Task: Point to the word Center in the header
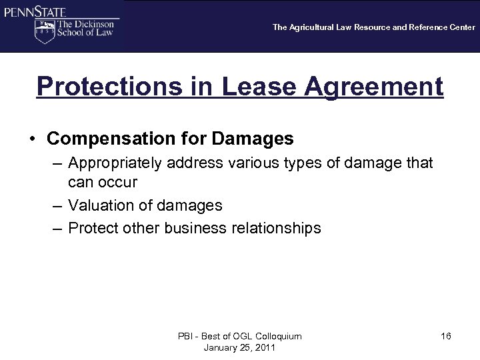pyautogui.click(x=461, y=27)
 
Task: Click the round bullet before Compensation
pyautogui.click(x=33, y=139)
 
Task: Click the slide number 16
pyautogui.click(x=446, y=336)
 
